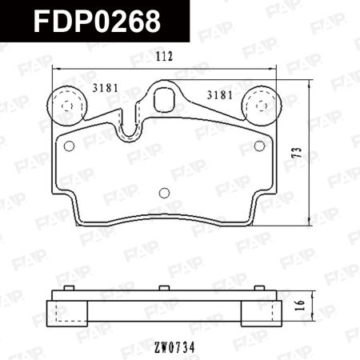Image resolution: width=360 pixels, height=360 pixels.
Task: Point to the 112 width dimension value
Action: point(164,58)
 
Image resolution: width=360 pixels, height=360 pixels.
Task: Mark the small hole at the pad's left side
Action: point(68,146)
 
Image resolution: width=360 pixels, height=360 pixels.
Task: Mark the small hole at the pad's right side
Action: point(259,146)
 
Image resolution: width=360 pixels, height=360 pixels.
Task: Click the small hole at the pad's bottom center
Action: point(164,193)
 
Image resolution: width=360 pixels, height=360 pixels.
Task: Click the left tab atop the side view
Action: point(57,294)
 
